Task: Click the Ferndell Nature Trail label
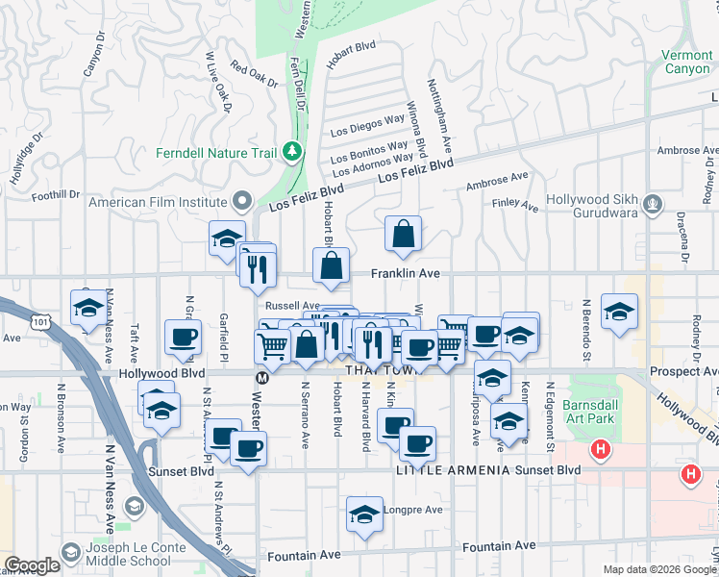click(x=217, y=153)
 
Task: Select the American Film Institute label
click(x=158, y=202)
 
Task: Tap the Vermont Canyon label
click(x=687, y=63)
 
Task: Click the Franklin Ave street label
click(x=406, y=274)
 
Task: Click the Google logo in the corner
click(x=32, y=565)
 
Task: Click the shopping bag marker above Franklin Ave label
click(x=404, y=234)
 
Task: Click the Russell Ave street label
click(x=285, y=305)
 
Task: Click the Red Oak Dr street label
click(x=254, y=75)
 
